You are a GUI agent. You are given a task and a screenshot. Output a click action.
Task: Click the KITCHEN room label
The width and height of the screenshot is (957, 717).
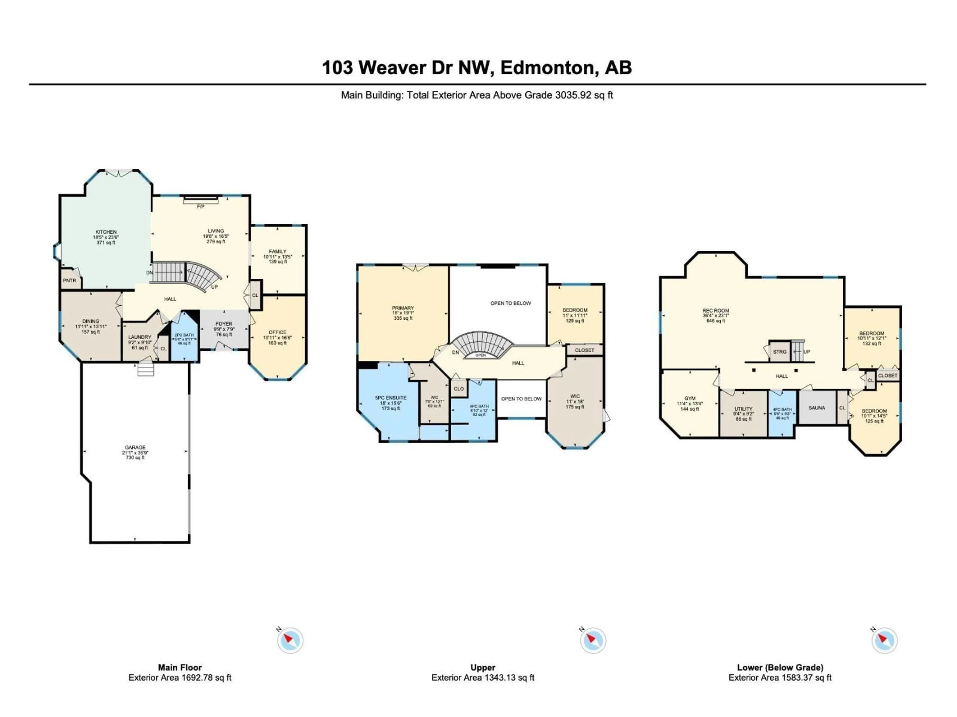(106, 232)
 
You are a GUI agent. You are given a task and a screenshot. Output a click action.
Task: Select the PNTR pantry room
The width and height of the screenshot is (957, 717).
(70, 281)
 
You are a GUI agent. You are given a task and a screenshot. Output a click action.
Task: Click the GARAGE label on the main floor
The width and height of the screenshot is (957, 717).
(135, 448)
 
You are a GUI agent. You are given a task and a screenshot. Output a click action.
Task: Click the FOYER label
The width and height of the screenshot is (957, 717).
(224, 324)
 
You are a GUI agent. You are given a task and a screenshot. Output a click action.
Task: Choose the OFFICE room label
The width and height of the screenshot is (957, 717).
(277, 332)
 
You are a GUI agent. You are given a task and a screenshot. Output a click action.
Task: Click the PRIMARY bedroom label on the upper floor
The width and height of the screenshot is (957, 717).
(403, 308)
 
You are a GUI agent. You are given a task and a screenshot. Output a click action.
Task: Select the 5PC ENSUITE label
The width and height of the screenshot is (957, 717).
(391, 398)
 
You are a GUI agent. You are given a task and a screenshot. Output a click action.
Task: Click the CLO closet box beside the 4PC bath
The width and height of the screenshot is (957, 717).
(459, 389)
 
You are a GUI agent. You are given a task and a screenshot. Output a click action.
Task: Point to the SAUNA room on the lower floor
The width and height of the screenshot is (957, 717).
(816, 408)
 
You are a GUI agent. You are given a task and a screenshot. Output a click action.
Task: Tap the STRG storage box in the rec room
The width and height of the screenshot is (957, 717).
(779, 352)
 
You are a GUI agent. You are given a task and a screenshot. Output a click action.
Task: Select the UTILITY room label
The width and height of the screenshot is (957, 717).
(743, 409)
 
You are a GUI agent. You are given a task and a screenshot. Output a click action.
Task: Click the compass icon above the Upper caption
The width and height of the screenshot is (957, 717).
(592, 641)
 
